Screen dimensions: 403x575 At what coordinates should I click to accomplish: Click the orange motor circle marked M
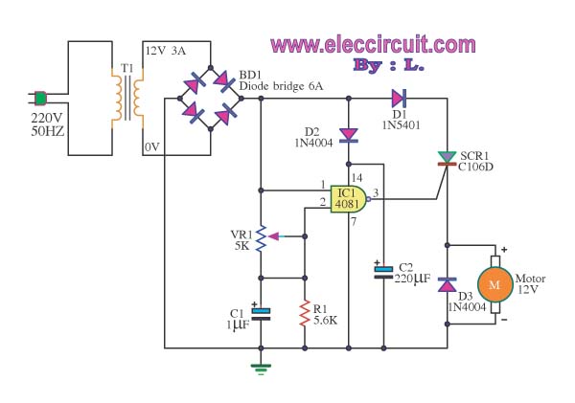point(495,284)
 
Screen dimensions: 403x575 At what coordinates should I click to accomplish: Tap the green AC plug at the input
point(41,98)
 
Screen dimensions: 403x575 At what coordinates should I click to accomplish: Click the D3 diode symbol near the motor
point(447,284)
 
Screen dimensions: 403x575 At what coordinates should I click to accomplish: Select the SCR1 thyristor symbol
point(447,159)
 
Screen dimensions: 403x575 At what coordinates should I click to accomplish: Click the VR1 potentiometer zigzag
point(260,232)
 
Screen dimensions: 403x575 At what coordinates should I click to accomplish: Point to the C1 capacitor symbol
point(260,312)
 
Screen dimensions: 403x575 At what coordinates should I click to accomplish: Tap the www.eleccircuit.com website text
point(373,44)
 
